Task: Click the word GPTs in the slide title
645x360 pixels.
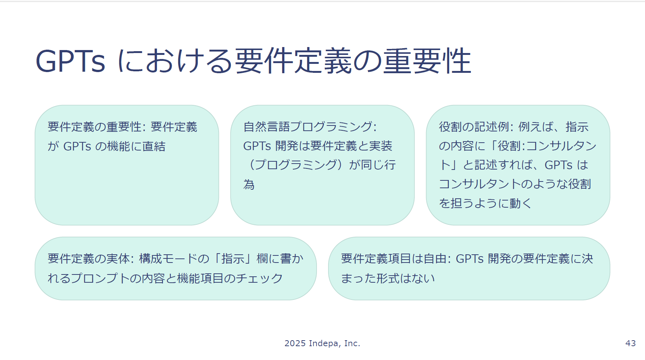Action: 70,61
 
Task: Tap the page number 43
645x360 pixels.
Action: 630,343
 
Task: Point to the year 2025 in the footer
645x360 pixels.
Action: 295,343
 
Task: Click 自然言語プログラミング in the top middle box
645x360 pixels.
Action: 308,127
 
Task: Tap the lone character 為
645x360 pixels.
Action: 249,184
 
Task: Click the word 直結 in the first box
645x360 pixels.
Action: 154,146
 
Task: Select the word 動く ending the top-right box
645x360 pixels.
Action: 520,203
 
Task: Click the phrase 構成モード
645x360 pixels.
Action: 168,258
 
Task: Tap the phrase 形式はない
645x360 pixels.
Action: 405,278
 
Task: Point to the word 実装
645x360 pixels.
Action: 381,146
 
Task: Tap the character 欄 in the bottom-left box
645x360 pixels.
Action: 262,258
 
